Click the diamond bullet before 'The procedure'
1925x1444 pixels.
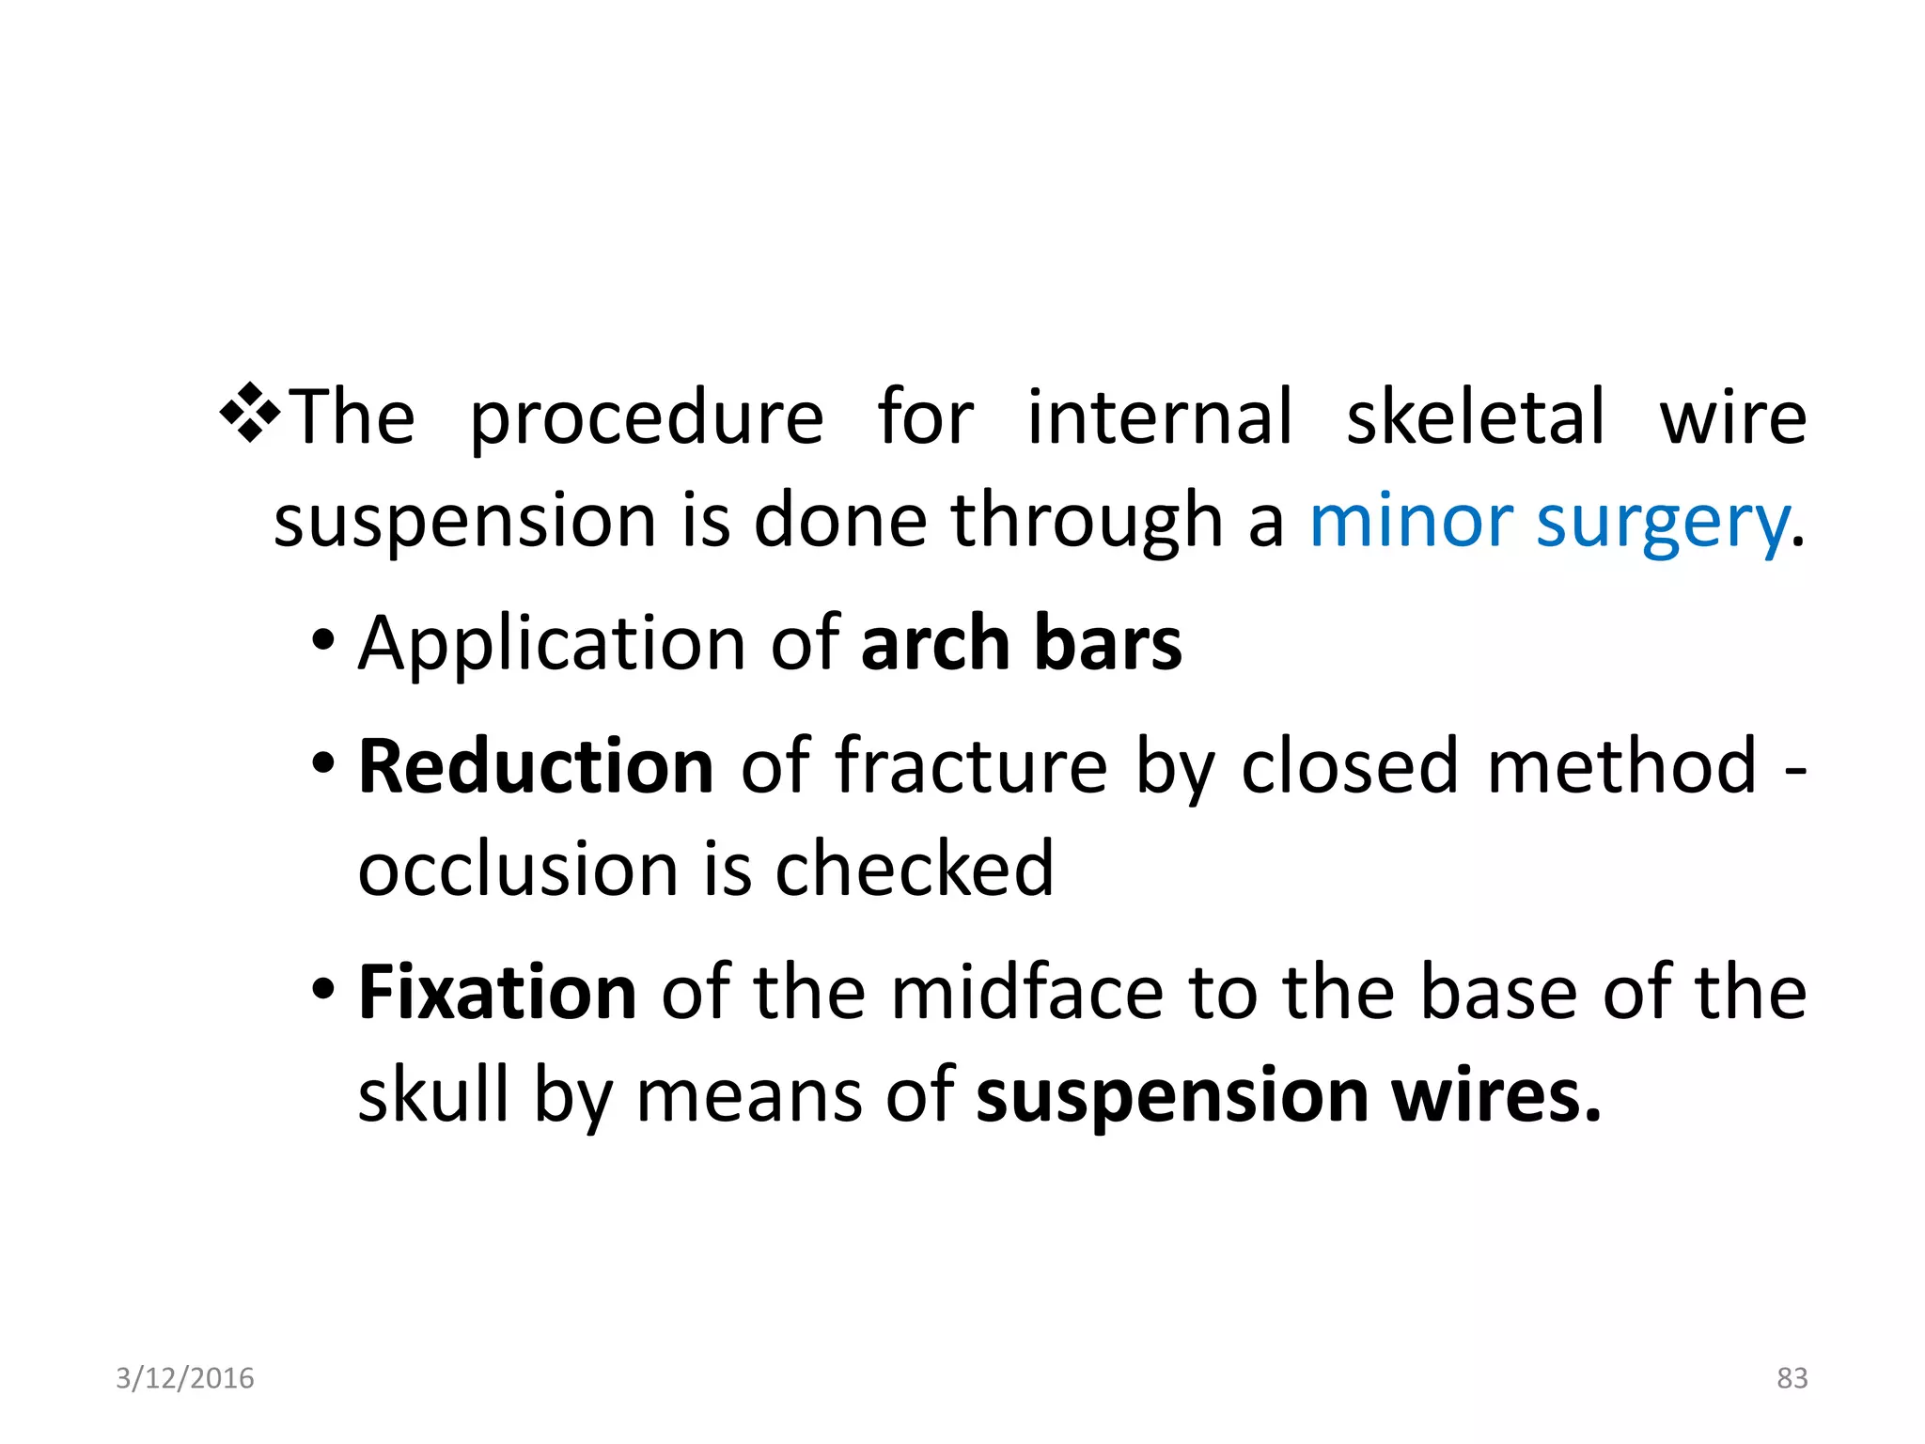coord(249,413)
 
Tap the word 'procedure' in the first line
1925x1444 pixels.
coord(646,417)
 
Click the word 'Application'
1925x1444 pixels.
coord(553,645)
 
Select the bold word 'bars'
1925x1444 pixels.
coord(1108,643)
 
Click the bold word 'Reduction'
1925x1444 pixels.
coord(536,766)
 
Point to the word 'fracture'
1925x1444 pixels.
coord(972,766)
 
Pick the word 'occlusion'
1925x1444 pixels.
coord(518,869)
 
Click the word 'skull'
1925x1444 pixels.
coord(433,1094)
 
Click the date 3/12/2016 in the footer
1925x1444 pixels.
coord(185,1378)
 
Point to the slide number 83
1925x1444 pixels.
coord(1792,1378)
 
